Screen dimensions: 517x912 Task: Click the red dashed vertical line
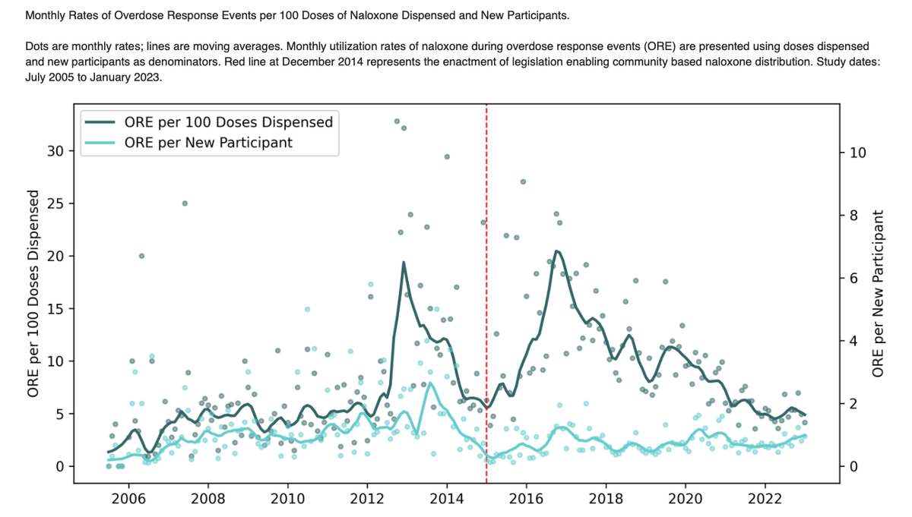(x=486, y=304)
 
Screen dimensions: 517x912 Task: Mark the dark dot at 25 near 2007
(x=185, y=203)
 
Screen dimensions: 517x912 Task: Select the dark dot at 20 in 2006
(x=141, y=256)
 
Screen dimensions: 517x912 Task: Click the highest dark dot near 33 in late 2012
(x=397, y=121)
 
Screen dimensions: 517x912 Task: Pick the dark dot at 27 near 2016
(x=523, y=181)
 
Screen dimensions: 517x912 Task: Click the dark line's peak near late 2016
(x=557, y=251)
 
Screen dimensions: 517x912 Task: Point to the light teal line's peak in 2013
(x=430, y=383)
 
